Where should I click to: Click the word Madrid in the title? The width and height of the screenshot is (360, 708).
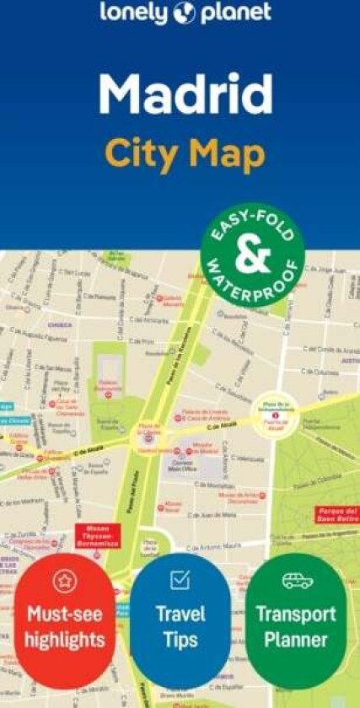(185, 94)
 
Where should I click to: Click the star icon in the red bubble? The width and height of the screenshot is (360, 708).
(64, 580)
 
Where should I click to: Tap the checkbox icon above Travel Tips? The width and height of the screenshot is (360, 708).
(180, 579)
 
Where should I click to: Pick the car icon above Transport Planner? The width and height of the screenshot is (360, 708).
(297, 581)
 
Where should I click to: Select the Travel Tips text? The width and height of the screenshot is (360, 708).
(180, 626)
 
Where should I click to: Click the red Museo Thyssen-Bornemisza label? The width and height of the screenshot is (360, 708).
(98, 536)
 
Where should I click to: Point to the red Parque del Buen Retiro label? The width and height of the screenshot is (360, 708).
(336, 515)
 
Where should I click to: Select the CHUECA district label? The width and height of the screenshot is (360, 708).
(60, 323)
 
